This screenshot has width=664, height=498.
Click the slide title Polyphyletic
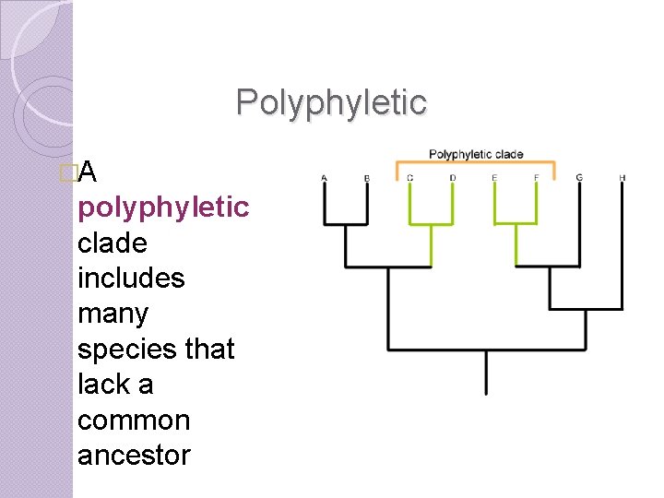331,102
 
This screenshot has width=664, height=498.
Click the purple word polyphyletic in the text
163,207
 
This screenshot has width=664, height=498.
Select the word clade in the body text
112,243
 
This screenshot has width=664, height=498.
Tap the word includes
131,278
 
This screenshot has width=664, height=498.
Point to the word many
113,314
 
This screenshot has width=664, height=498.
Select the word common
134,420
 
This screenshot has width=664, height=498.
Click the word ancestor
134,455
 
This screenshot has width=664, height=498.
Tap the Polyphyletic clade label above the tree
476,154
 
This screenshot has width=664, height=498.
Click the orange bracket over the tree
475,165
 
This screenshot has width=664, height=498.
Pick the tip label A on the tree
324,177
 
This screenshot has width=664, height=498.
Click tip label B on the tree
367,177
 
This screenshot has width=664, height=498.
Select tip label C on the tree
409,177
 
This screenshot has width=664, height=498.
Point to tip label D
452,177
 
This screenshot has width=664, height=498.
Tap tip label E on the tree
494,177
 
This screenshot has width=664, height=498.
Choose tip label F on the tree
537,177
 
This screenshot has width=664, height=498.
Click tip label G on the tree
579,177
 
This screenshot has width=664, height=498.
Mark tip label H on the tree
622,177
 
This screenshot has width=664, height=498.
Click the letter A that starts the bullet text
89,172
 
